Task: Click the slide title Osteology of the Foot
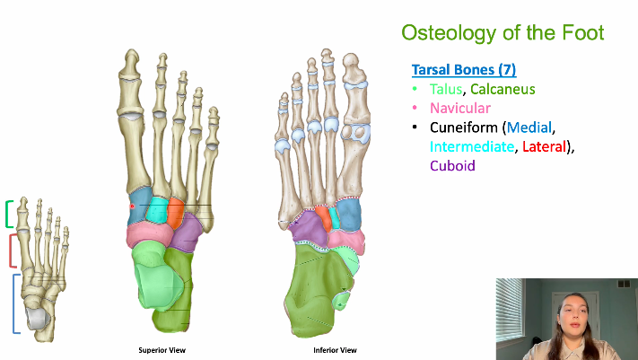pos(502,34)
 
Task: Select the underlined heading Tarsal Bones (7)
pos(463,70)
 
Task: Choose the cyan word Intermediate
pos(471,146)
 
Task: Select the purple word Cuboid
pos(452,166)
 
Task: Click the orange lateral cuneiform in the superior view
pos(177,214)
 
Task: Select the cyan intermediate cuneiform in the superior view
pos(157,211)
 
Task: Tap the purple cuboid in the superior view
pos(188,235)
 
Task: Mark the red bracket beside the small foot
pos(11,250)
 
